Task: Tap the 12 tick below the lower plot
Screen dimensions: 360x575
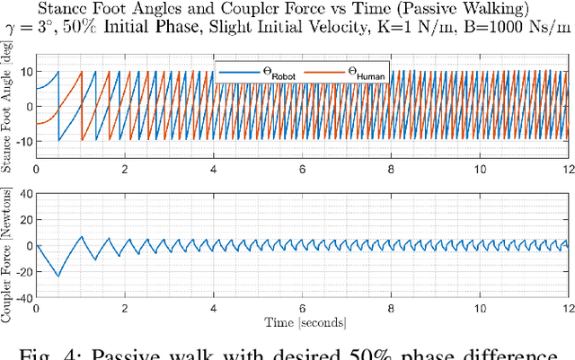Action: coord(566,309)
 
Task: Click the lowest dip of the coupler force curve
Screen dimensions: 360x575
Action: coord(58,277)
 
